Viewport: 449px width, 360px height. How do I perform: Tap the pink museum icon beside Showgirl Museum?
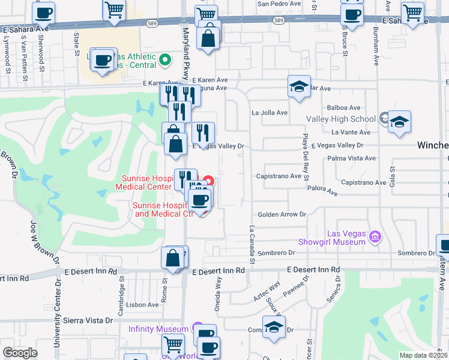375,237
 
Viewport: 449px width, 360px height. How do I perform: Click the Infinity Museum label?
158,329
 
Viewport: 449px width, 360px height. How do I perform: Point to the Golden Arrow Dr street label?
282,214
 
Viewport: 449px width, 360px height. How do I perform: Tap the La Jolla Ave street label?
270,112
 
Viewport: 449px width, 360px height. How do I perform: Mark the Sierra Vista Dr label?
92,320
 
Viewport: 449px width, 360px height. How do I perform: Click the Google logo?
20,353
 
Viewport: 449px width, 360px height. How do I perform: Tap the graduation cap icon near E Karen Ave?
298,86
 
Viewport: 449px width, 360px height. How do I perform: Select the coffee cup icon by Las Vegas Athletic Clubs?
104,61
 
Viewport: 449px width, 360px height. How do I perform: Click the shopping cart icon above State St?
114,10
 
